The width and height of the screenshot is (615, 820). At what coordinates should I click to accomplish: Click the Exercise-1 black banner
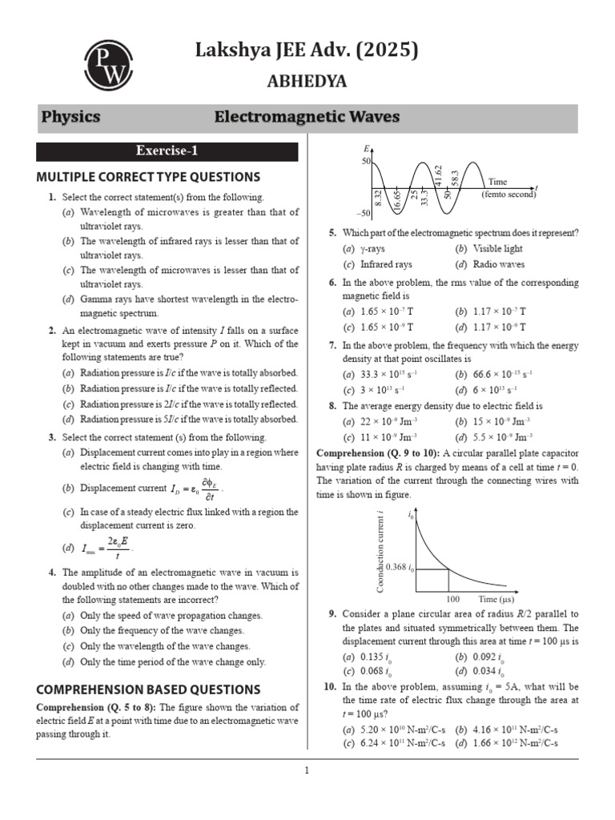pos(167,151)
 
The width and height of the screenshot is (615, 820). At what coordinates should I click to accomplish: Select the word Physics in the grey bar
pos(70,118)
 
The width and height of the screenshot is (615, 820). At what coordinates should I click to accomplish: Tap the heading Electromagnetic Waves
pos(307,118)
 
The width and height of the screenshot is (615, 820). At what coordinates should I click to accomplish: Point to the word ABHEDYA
pos(307,81)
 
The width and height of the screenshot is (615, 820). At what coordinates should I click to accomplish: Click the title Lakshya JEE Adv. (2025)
pos(307,51)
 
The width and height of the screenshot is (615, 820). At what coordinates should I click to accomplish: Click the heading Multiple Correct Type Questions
pos(148,177)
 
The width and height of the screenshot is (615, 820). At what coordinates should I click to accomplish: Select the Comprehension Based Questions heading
pos(148,689)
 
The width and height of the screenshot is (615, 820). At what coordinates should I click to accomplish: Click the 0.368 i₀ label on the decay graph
pos(400,568)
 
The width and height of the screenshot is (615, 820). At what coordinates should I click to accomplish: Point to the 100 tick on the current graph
pos(452,598)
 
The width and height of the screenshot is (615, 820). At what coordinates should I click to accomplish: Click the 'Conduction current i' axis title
pos(381,553)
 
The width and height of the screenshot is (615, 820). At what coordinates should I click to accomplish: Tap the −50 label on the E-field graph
pos(364,213)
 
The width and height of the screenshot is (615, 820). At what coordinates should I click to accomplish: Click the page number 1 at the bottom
pos(307,771)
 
